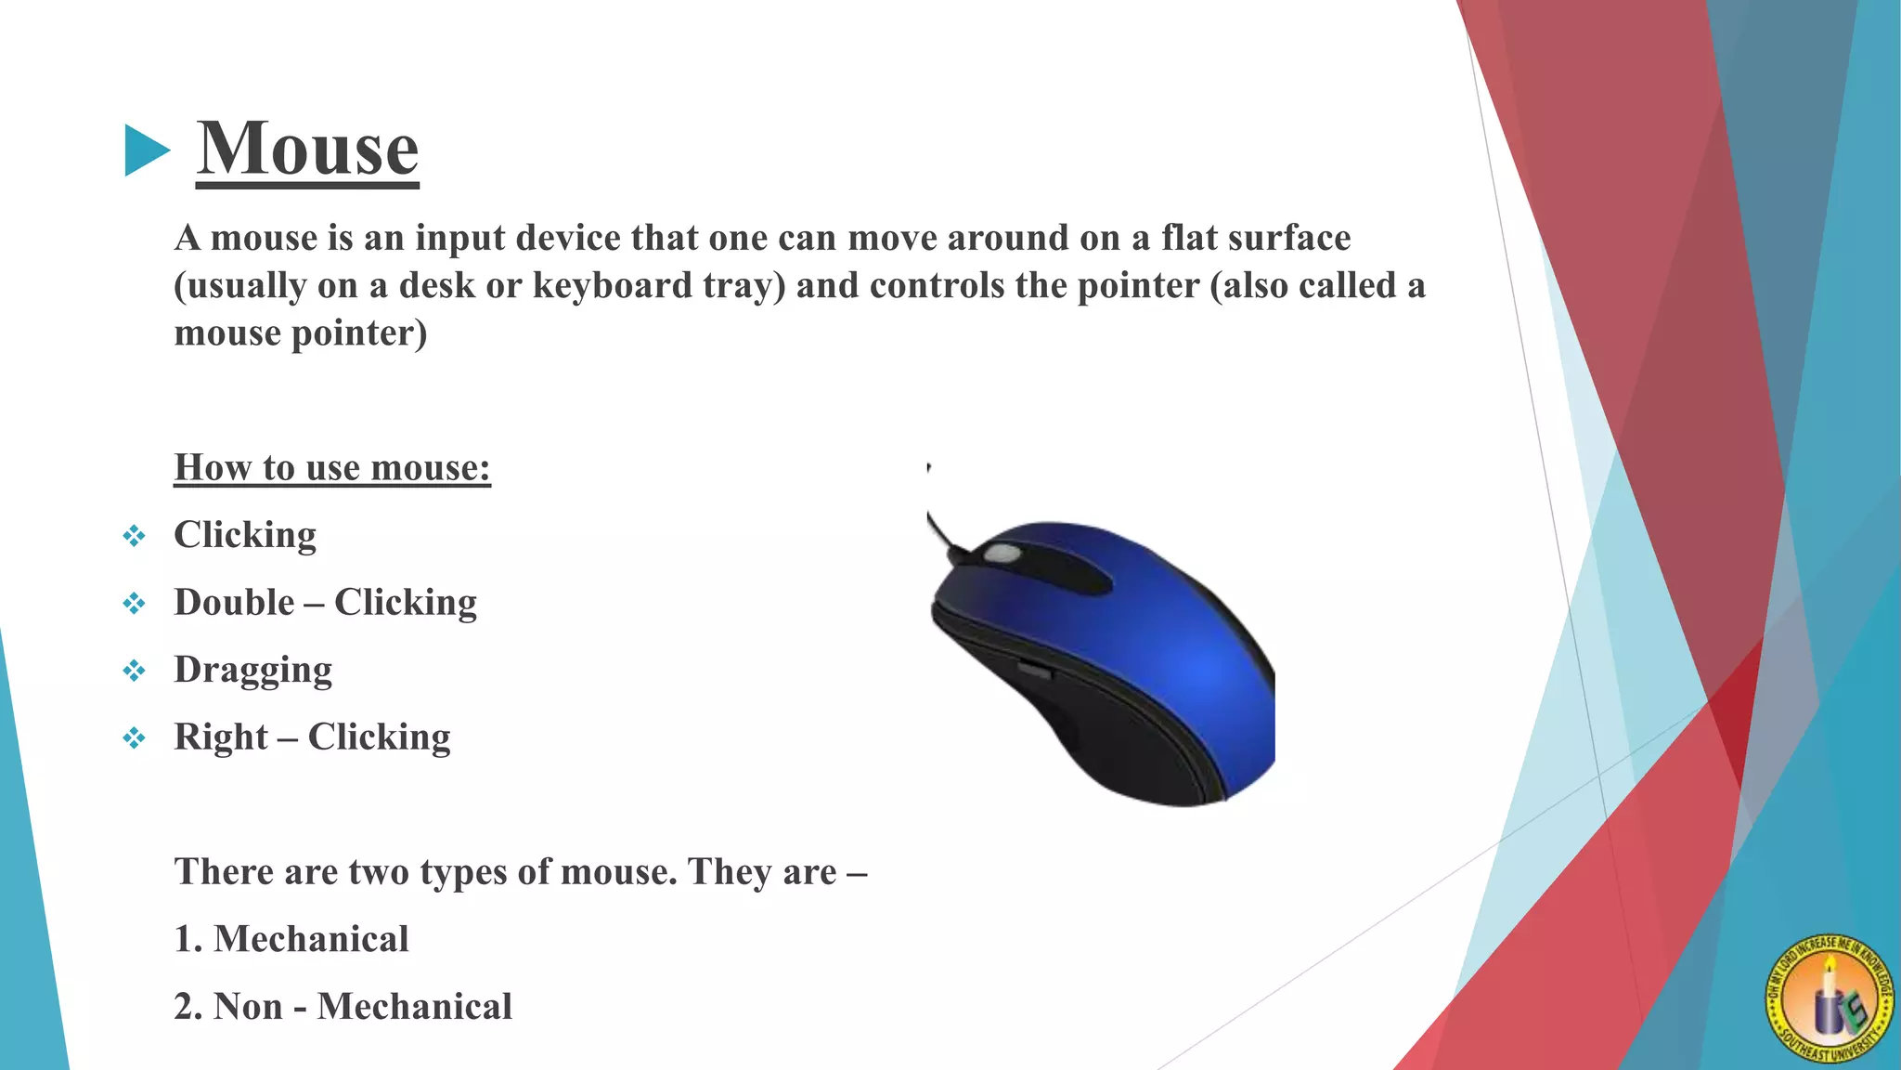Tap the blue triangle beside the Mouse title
pos(147,150)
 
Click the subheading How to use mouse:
pos(332,467)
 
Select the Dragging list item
pos(252,670)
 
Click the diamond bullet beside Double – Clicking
pos(135,604)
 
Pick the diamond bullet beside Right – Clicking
pos(135,738)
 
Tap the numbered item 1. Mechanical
pos(291,939)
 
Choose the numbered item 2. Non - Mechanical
pos(343,1007)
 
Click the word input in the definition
pos(460,239)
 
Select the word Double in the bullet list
pos(234,603)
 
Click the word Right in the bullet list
pos(221,737)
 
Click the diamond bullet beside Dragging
pos(135,671)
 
